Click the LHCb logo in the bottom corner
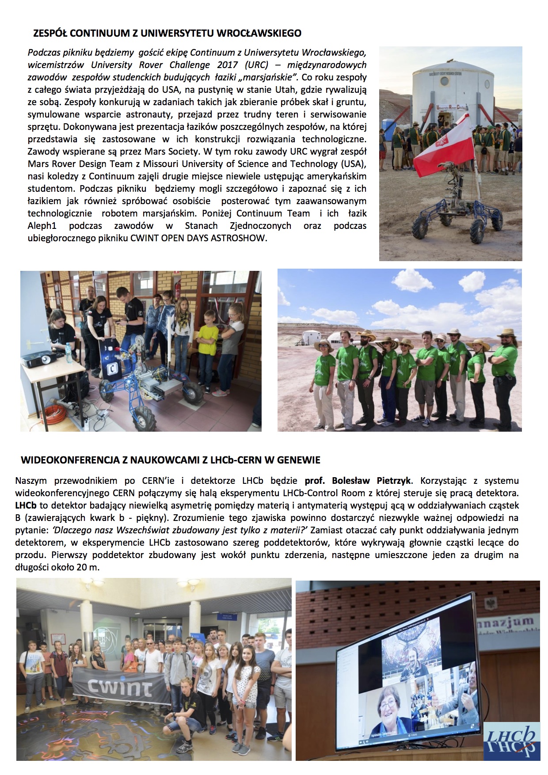click(511, 743)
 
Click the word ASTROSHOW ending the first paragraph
click(244, 238)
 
